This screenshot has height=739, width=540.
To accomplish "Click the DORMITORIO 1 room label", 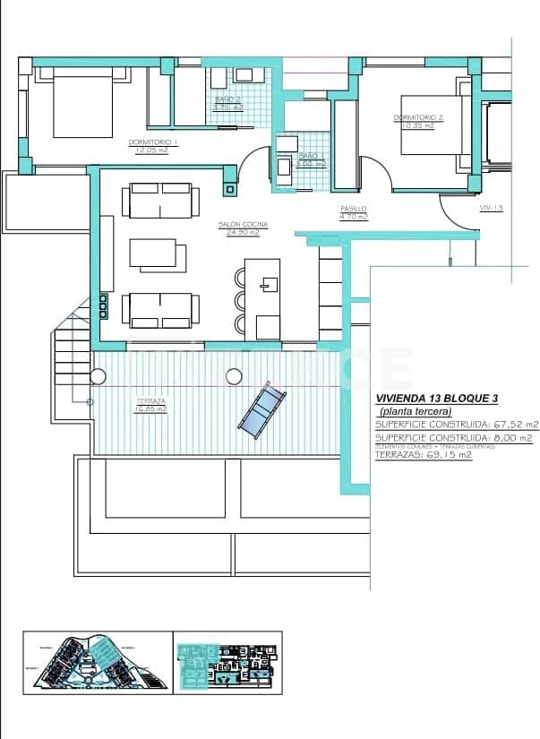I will tap(153, 142).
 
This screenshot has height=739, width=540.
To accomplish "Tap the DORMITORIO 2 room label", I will tap(418, 116).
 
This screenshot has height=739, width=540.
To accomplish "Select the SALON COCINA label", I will tap(244, 224).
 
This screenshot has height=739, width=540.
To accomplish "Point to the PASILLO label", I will tap(354, 208).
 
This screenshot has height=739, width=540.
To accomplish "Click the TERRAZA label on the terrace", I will tap(150, 400).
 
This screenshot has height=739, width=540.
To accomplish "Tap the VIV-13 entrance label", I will tap(492, 207).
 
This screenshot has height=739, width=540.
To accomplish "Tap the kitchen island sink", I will tap(266, 286).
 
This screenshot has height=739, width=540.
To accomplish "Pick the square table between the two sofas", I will tap(159, 254).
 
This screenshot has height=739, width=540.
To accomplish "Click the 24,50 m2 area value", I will tap(244, 233).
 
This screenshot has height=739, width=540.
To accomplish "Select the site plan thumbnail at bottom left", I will tap(96, 662).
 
